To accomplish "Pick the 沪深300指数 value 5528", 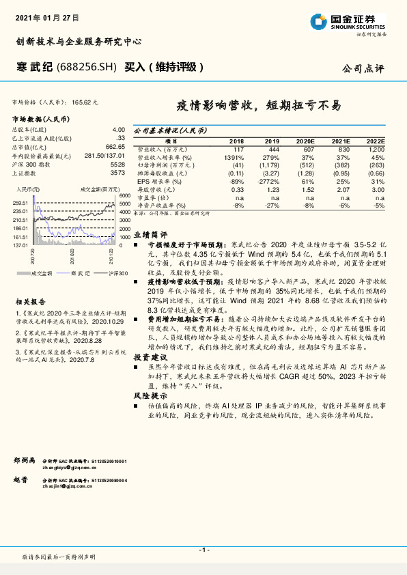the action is (118, 165).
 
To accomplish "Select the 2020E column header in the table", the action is (305, 140).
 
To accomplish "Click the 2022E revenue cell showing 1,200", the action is (376, 148).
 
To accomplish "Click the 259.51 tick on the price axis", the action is (20, 204).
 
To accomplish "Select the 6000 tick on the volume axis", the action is (122, 196).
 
